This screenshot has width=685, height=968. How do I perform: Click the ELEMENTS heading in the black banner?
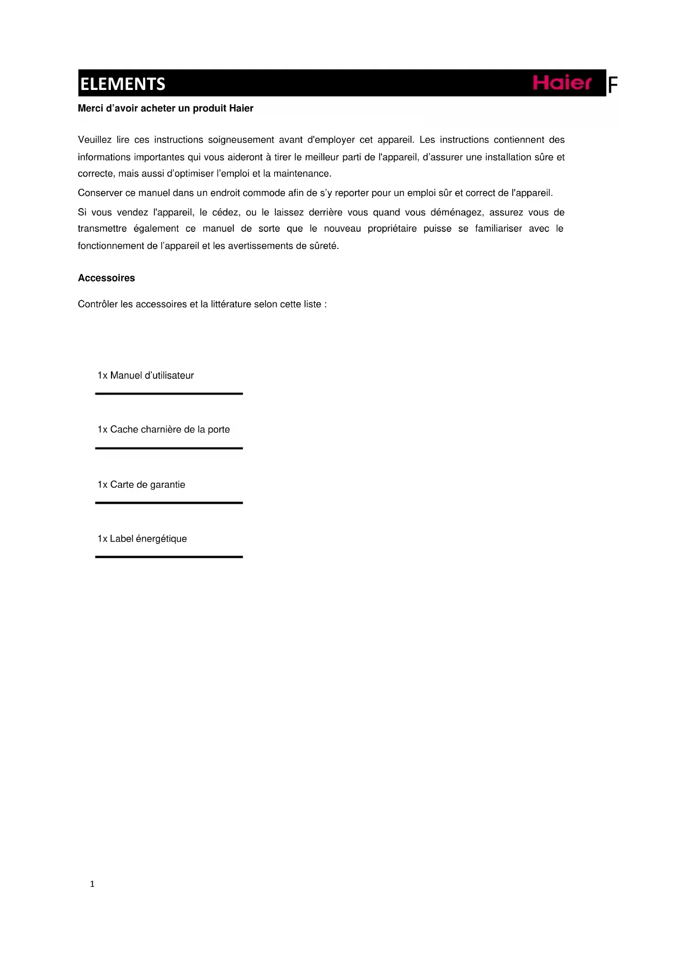tap(123, 84)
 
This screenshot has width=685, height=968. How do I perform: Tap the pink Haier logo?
tap(561, 83)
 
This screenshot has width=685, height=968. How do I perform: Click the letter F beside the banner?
tap(612, 86)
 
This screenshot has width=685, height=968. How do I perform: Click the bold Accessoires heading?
tap(107, 278)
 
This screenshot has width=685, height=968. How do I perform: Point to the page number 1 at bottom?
tap(92, 884)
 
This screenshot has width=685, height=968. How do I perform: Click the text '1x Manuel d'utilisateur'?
tap(146, 375)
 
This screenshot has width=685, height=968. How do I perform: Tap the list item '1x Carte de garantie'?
tap(141, 485)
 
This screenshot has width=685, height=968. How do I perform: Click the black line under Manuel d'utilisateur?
tap(169, 393)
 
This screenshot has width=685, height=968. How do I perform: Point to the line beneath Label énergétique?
tap(169, 557)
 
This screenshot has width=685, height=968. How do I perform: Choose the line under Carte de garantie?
tap(169, 503)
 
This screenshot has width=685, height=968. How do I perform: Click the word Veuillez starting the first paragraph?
tap(94, 140)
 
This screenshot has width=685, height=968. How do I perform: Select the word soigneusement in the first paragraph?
tap(241, 140)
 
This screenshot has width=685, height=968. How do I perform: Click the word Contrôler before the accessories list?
tap(98, 304)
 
